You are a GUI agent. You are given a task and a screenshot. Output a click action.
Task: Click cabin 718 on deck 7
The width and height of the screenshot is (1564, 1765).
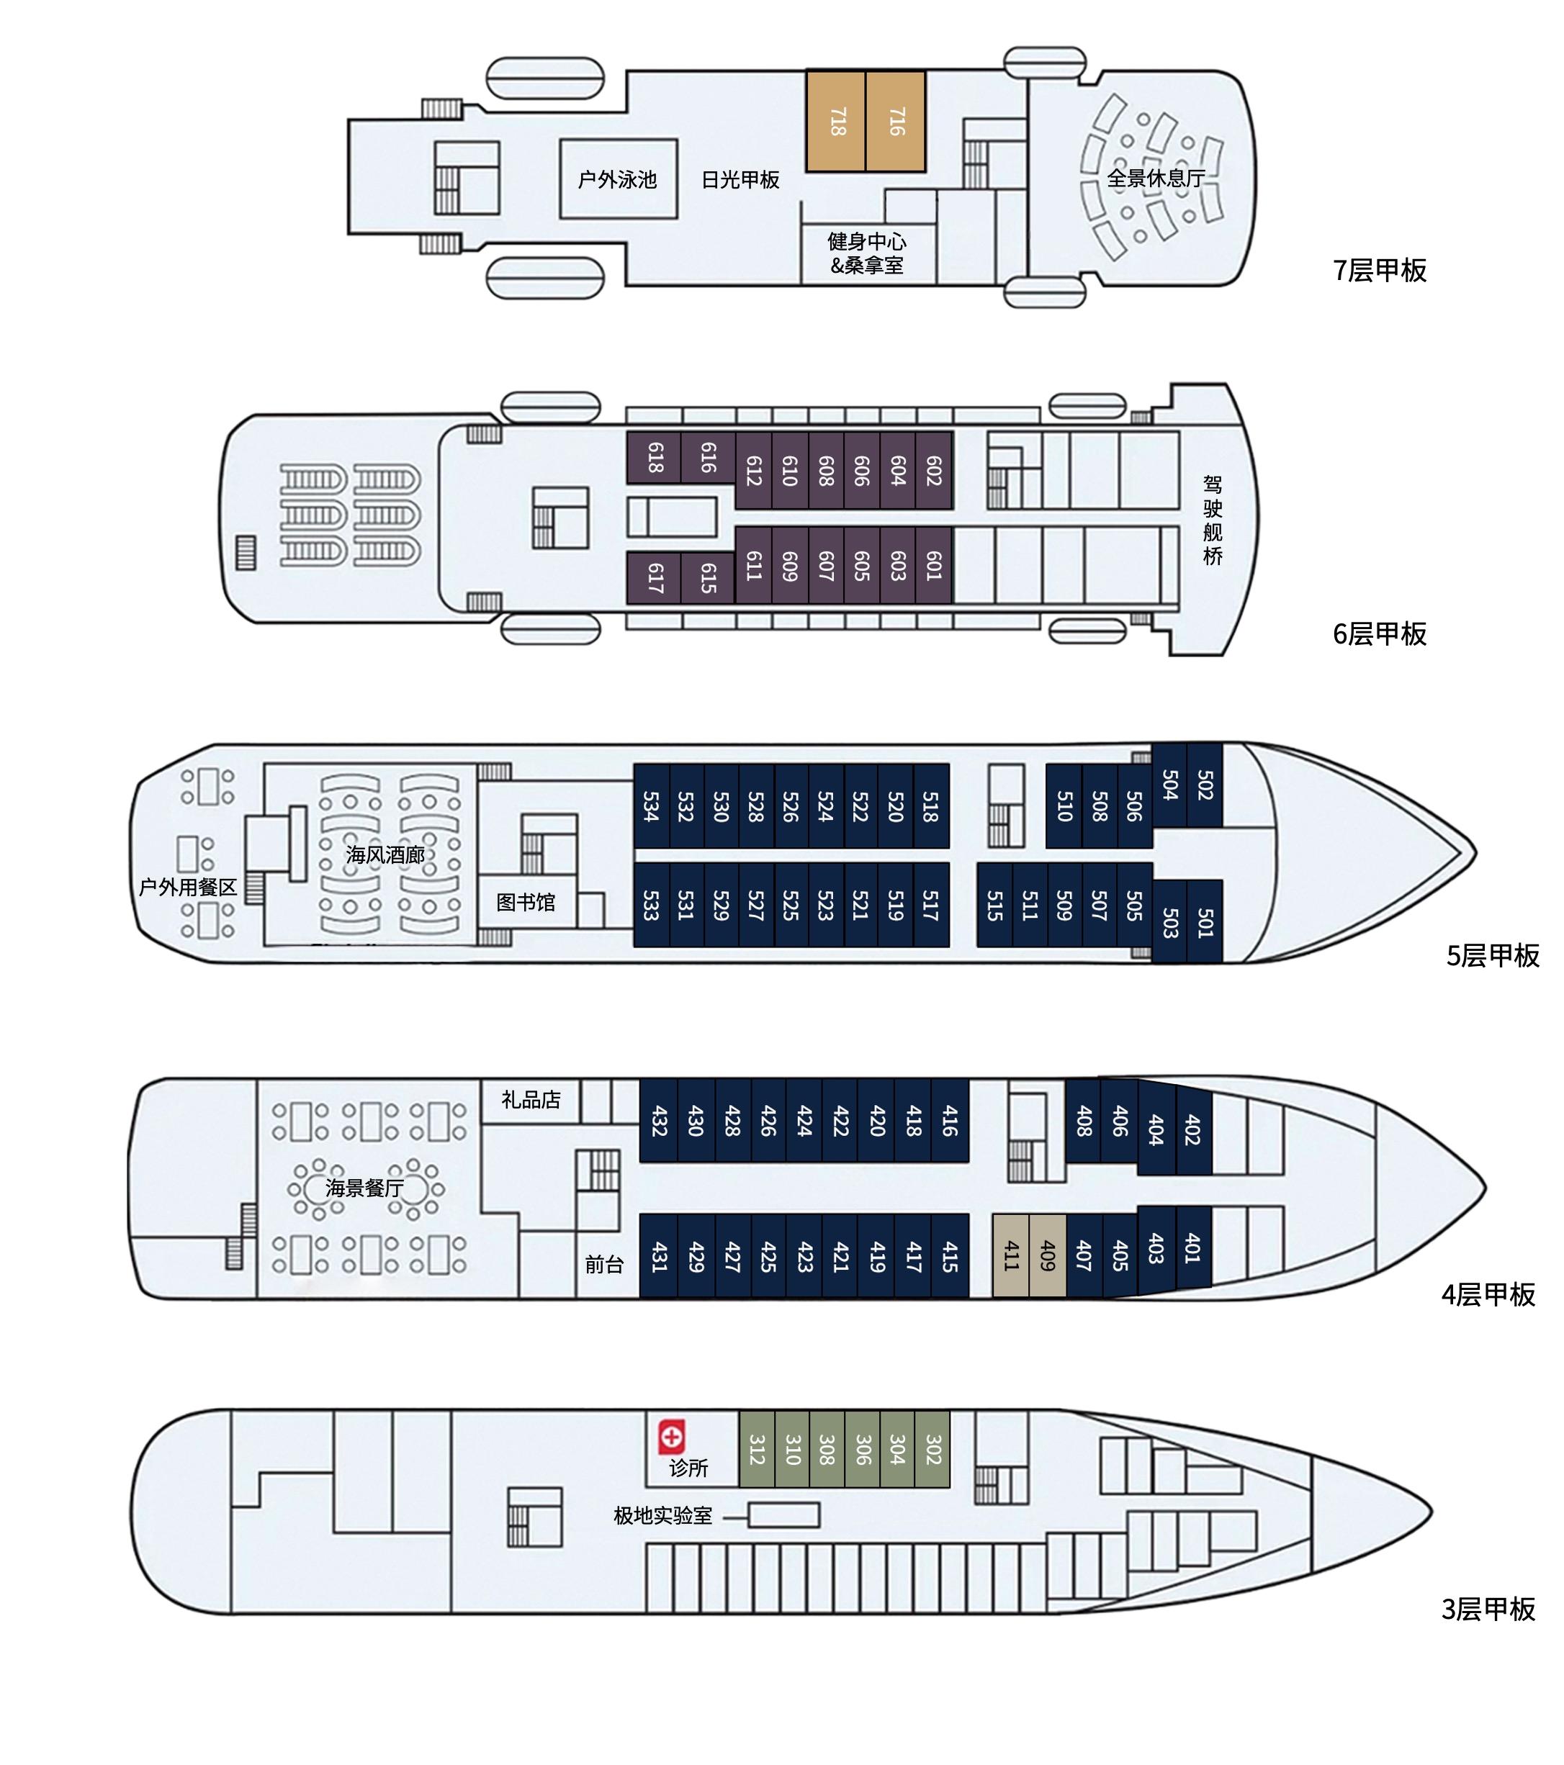point(836,121)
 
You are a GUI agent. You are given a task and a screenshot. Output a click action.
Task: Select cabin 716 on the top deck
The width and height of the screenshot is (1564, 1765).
point(896,121)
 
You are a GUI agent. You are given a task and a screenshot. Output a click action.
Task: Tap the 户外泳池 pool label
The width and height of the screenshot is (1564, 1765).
point(618,180)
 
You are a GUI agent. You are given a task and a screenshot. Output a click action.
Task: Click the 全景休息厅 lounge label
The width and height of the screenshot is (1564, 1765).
point(1156,178)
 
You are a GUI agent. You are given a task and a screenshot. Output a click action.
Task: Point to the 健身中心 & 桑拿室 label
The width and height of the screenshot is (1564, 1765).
point(867,253)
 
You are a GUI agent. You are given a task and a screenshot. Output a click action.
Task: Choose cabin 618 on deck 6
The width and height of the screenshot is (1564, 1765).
point(655,458)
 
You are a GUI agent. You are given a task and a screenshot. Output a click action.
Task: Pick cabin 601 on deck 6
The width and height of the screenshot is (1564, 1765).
point(932,565)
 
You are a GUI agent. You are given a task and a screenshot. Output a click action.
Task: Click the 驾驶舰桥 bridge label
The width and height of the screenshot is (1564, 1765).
point(1213,520)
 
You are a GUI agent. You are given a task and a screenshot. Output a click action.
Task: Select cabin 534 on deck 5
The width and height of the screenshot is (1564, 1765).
point(651,805)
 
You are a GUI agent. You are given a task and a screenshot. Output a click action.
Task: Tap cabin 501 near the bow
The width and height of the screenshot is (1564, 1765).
point(1205,922)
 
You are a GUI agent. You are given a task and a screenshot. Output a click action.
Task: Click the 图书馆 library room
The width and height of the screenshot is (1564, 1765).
point(525,903)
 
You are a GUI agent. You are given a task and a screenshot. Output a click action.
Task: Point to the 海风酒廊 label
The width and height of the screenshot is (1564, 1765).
point(385,855)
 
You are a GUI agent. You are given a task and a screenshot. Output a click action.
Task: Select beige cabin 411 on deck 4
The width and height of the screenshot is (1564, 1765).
point(1010,1255)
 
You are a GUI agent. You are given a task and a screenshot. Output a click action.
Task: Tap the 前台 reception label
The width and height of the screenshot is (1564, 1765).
point(603,1264)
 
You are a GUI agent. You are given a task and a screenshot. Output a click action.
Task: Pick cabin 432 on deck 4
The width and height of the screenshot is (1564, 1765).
point(658,1120)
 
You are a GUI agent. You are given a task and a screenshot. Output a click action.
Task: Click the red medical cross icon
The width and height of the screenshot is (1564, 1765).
point(671,1437)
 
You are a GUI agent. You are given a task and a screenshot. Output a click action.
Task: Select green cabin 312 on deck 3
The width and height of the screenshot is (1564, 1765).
point(757,1450)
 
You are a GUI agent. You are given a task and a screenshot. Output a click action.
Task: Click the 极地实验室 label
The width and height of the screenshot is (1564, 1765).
point(662,1515)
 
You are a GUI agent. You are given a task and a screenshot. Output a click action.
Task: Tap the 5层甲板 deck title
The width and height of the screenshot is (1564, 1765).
point(1492,955)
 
